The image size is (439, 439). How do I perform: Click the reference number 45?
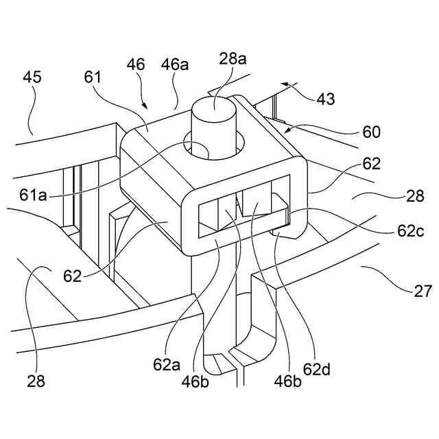tap(31, 77)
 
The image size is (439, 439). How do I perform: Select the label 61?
tap(93, 77)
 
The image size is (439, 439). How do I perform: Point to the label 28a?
tap(233, 59)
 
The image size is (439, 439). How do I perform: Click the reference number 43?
tap(326, 99)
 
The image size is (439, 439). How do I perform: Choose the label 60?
tap(371, 132)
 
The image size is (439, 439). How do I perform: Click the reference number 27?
tap(423, 292)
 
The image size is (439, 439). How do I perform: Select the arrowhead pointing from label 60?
tap(287, 127)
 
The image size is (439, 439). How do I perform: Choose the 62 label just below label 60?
tap(371, 165)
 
